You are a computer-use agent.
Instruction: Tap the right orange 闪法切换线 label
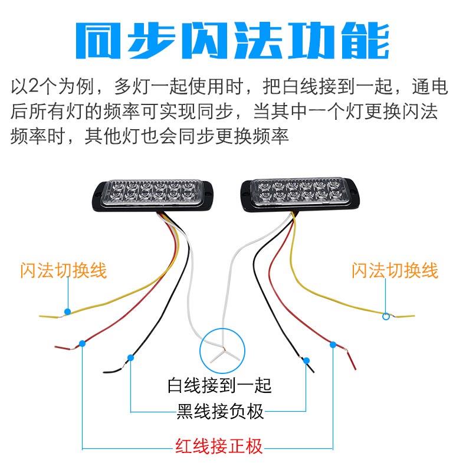coord(395,271)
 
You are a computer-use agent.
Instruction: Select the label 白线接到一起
coord(220,386)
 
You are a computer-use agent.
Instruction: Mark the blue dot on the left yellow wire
coord(68,311)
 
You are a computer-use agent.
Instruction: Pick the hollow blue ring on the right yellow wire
coord(386,316)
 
